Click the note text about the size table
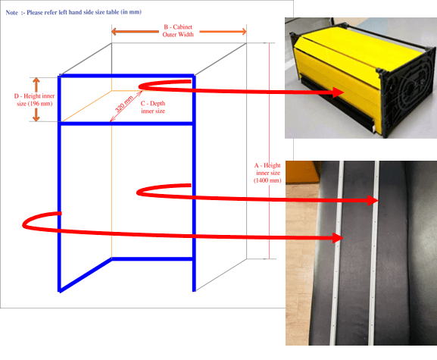coord(73,12)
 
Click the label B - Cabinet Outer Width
coord(178,30)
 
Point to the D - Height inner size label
coord(34,100)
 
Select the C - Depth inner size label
coord(153,107)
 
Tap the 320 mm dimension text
coord(123,104)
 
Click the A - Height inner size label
coord(267,173)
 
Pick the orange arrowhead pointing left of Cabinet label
coord(114,31)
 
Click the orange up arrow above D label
coord(36,85)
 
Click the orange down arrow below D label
coord(36,114)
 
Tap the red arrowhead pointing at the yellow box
coord(339,92)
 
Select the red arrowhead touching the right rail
coord(373,201)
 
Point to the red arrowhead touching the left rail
coord(338,238)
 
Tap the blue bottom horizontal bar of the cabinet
coord(152,259)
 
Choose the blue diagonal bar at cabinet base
coord(86,275)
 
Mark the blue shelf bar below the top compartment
coord(126,124)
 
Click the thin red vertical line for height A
coord(269,151)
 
